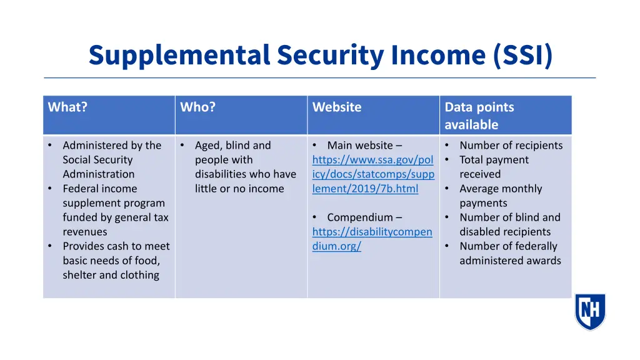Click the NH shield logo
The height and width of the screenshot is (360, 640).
tap(590, 311)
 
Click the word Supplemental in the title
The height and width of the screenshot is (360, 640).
tap(179, 55)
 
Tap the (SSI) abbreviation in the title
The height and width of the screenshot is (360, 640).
tap(522, 55)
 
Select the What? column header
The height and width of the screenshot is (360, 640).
tap(67, 107)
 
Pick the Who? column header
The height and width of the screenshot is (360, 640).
tap(197, 107)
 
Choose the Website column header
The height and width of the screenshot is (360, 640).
tap(337, 107)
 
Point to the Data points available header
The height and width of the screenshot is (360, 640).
tap(479, 116)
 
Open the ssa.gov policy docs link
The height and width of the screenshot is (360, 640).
tap(373, 174)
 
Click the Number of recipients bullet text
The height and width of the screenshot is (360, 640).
tap(511, 146)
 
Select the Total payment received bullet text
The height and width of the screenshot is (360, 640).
tap(494, 167)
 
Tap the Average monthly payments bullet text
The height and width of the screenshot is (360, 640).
tap(501, 196)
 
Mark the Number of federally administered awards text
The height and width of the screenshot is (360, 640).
tap(509, 253)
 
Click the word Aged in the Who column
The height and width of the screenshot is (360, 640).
tap(207, 146)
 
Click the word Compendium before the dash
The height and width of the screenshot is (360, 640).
tap(360, 217)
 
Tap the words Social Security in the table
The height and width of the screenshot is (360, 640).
tap(97, 160)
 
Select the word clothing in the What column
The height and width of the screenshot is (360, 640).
tap(139, 275)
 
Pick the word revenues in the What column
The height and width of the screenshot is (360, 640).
tap(85, 232)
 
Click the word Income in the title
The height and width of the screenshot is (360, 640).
tap(438, 55)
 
